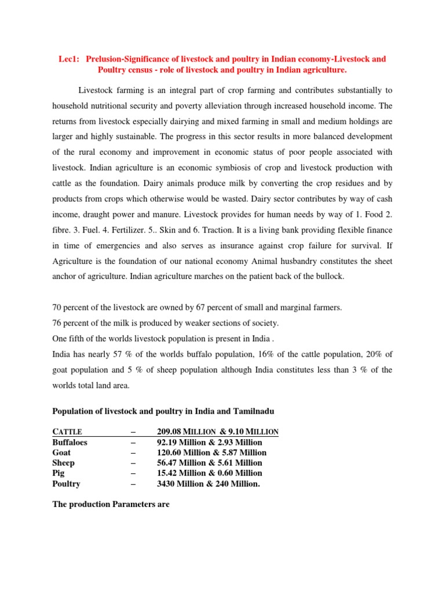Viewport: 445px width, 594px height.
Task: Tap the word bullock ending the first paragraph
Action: pos(330,276)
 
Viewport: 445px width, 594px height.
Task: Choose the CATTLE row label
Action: pos(67,432)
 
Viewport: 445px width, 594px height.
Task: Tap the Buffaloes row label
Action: pos(71,442)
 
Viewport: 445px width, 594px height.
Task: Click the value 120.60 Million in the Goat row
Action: pos(184,452)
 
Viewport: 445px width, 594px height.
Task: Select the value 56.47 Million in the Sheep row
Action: pos(182,463)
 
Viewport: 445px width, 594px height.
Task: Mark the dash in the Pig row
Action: pos(134,473)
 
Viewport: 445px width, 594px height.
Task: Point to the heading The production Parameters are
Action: pos(111,504)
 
